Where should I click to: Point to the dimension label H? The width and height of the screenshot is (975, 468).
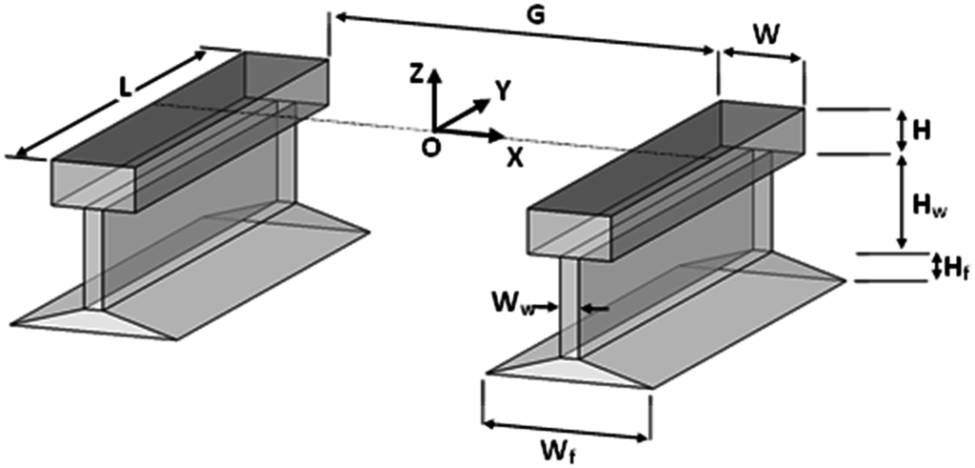click(x=922, y=131)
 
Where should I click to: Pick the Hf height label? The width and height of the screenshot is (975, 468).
click(x=955, y=270)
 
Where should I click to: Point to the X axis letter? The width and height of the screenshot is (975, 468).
click(x=514, y=157)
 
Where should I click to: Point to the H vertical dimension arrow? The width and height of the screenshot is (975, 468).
click(x=901, y=131)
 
